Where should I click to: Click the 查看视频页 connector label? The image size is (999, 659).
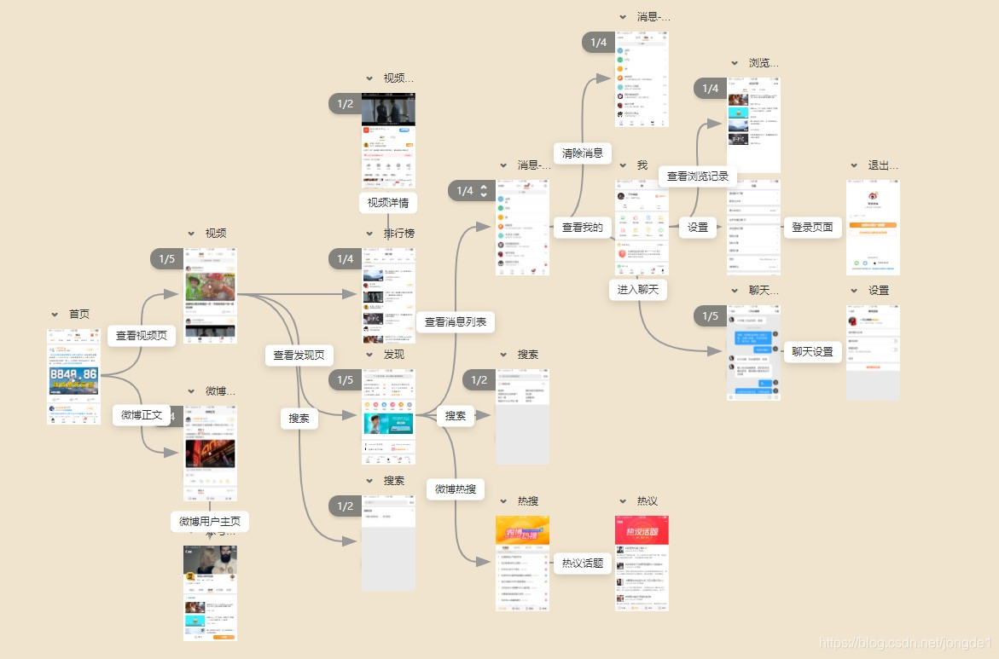point(142,336)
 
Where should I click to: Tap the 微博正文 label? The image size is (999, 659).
point(141,415)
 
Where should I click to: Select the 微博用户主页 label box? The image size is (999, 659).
point(210,521)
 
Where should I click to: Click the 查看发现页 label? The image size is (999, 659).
point(299,356)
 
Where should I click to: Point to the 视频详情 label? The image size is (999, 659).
point(387,203)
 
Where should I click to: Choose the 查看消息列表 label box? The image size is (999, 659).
point(456,321)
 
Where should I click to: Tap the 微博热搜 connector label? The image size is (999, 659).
point(456,489)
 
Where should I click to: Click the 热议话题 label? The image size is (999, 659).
point(583,563)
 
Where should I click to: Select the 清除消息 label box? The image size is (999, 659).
point(583,153)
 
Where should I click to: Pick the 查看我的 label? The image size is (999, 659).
point(583,228)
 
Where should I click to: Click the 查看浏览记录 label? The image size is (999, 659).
point(698,176)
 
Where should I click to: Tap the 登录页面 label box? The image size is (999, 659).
point(812,228)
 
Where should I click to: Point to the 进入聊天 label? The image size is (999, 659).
point(638,289)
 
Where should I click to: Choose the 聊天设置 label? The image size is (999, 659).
point(812,351)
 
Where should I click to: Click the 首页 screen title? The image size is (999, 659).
point(79,315)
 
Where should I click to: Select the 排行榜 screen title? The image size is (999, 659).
point(399,234)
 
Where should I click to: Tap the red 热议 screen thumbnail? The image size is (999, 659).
point(642,563)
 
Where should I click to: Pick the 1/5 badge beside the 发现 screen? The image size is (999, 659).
point(345,379)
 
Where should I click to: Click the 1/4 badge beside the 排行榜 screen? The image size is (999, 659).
point(345,258)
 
